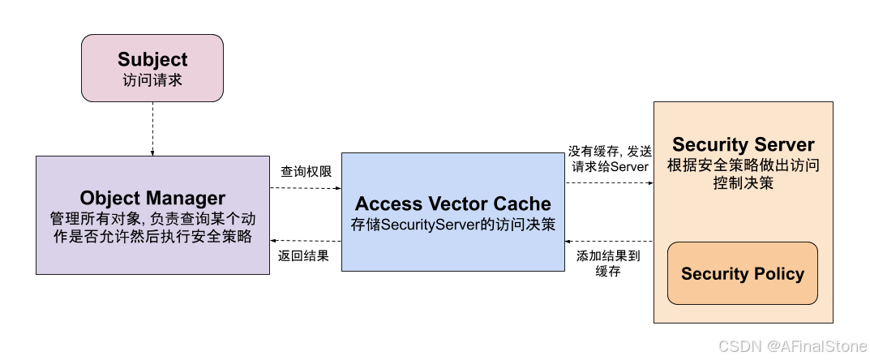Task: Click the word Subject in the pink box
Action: [x=152, y=60]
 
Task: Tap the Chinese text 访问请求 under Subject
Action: [x=152, y=80]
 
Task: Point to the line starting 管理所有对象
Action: [x=152, y=219]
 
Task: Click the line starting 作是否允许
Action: [x=152, y=238]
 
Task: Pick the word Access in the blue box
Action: [x=388, y=204]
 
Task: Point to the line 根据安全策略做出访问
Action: [x=743, y=165]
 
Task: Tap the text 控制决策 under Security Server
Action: [x=743, y=183]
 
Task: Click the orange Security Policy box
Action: [x=743, y=273]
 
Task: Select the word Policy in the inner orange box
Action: [x=779, y=273]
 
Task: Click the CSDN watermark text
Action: [x=737, y=345]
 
